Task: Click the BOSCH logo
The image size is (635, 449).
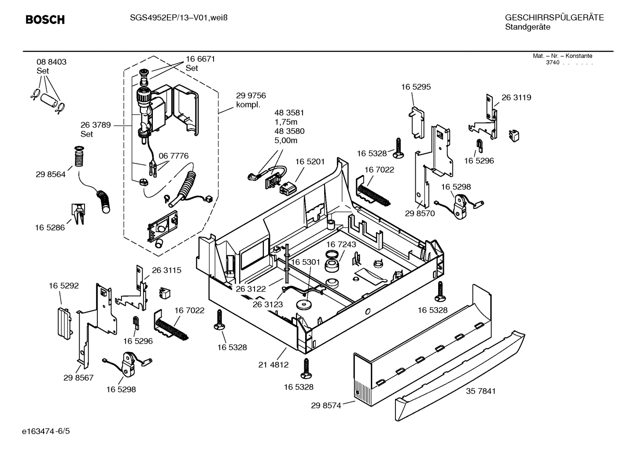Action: [45, 20]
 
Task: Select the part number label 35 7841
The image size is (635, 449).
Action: [480, 391]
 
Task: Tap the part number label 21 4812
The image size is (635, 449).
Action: [273, 364]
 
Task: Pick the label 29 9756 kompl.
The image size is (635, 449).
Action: [251, 100]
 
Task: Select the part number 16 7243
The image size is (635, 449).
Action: [341, 244]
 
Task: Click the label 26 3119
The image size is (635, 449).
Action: [516, 97]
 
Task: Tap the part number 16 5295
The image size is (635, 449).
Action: [416, 87]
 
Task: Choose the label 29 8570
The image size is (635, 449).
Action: [420, 213]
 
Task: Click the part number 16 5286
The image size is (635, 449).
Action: [50, 227]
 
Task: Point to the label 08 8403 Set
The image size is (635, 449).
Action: [52, 66]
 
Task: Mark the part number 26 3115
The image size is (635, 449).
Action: [166, 270]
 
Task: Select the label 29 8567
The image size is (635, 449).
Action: [78, 378]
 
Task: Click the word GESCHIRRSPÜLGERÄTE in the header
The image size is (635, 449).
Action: [554, 18]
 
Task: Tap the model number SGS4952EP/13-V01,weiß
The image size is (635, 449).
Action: [178, 18]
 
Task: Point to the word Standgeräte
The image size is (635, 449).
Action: [528, 27]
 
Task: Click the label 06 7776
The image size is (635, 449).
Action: [174, 156]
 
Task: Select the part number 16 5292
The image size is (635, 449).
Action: [63, 286]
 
